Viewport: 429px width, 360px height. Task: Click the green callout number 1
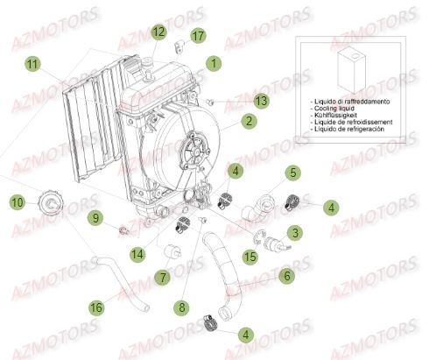[211, 63]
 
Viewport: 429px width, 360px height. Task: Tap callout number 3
[295, 232]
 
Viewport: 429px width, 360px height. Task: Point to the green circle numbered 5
[294, 173]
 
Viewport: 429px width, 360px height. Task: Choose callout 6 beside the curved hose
[285, 275]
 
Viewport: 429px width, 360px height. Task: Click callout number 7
[163, 278]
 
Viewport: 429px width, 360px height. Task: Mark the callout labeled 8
[182, 307]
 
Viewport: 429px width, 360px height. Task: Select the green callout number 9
[120, 216]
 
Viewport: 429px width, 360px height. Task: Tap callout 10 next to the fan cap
[17, 203]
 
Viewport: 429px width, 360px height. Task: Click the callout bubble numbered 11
[32, 64]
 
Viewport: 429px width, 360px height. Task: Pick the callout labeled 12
[158, 32]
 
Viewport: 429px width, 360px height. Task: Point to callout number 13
[262, 101]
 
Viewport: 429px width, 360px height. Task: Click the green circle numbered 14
[137, 254]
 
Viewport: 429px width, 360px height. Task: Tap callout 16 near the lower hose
[96, 307]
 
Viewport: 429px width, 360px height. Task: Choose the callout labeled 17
[197, 36]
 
